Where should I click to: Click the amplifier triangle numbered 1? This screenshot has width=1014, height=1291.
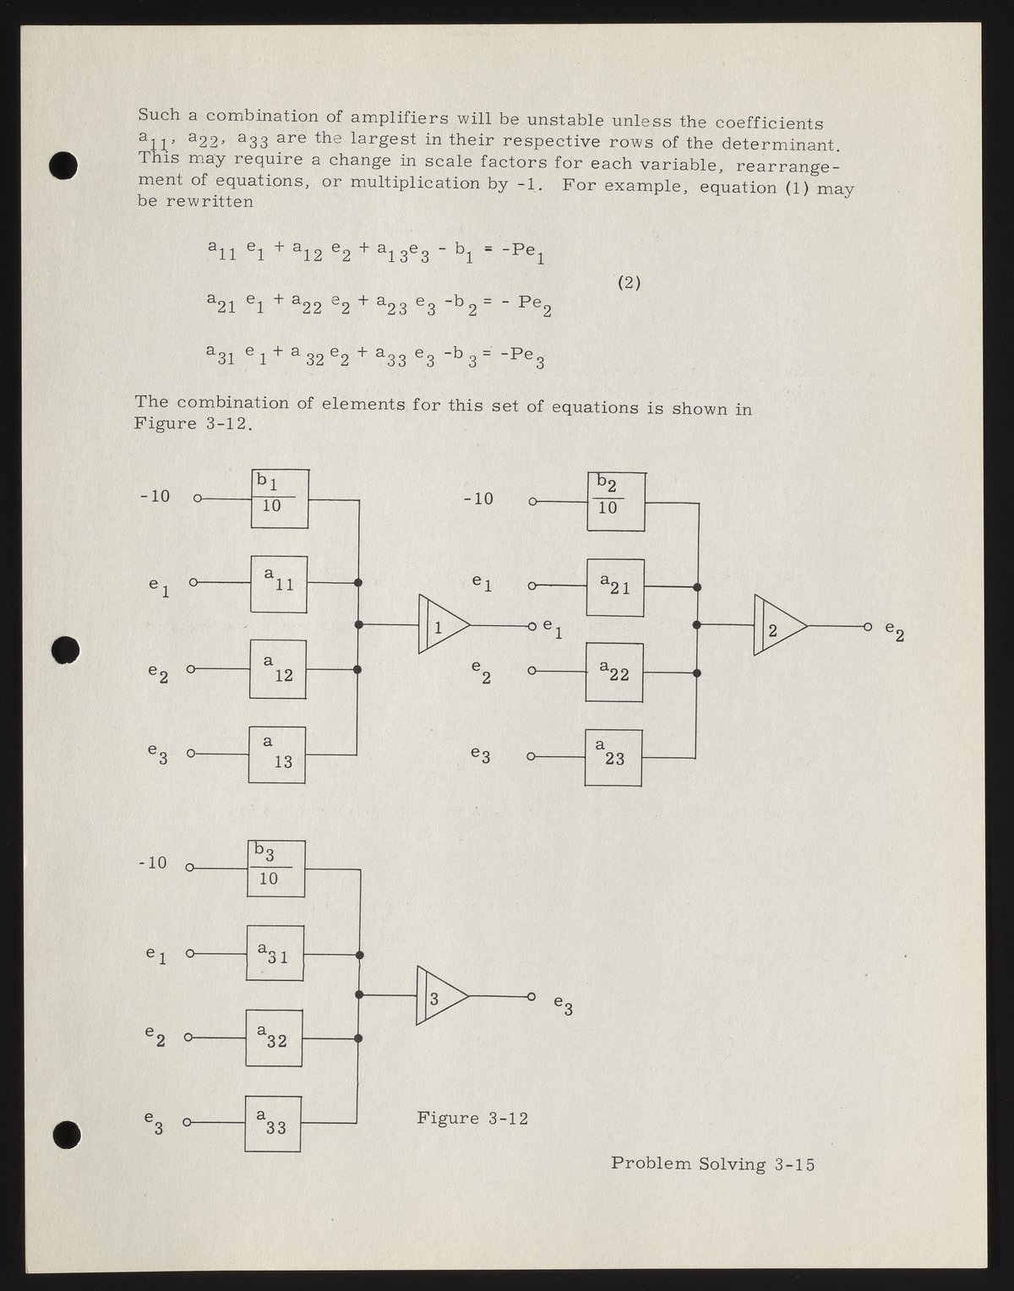pyautogui.click(x=442, y=625)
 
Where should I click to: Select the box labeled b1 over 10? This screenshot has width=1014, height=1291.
pyautogui.click(x=280, y=499)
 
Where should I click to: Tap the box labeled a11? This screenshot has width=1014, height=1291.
pyautogui.click(x=279, y=584)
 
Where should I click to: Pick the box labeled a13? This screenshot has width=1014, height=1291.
pyautogui.click(x=277, y=754)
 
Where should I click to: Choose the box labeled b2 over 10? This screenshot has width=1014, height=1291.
pyautogui.click(x=616, y=502)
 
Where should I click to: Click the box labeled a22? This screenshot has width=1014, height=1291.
pyautogui.click(x=614, y=673)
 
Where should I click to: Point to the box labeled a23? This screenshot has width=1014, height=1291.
pyautogui.click(x=613, y=757)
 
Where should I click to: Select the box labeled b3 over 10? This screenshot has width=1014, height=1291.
pyautogui.click(x=275, y=869)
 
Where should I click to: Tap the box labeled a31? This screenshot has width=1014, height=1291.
pyautogui.click(x=275, y=953)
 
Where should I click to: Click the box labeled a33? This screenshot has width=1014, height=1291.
pyautogui.click(x=273, y=1123)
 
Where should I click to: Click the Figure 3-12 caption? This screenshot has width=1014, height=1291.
pyautogui.click(x=472, y=1118)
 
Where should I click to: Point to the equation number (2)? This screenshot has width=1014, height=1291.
pyautogui.click(x=629, y=283)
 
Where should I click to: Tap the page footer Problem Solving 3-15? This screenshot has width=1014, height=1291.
pyautogui.click(x=712, y=1163)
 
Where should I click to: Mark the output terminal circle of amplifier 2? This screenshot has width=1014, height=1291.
pyautogui.click(x=868, y=627)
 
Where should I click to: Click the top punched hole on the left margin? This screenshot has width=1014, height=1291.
pyautogui.click(x=63, y=166)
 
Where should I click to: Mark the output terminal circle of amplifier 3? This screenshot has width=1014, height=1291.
pyautogui.click(x=531, y=996)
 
